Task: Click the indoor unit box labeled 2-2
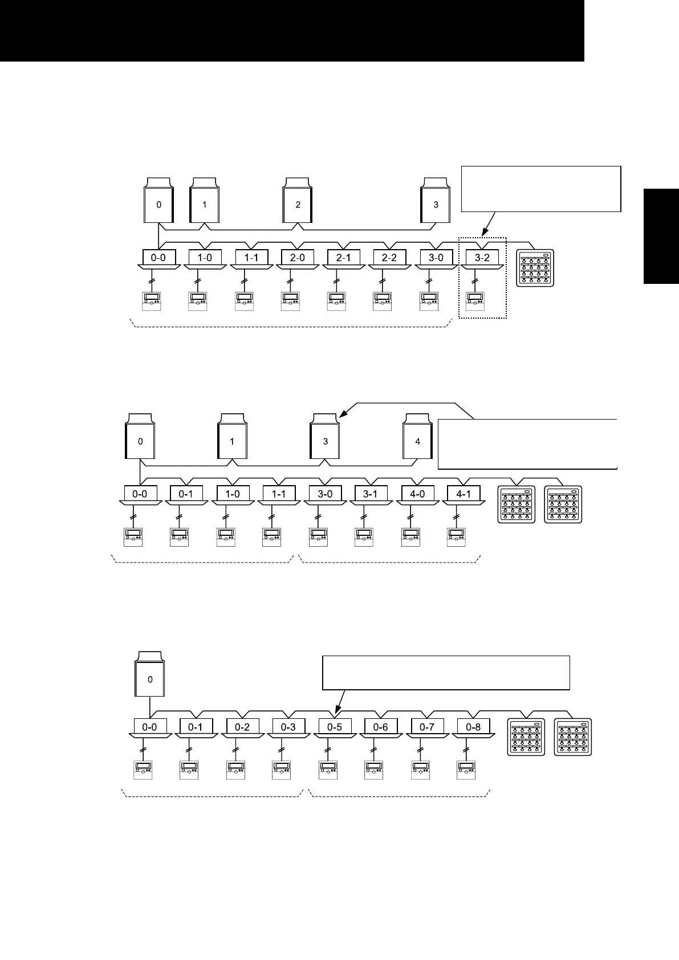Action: point(389,258)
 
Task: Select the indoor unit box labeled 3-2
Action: point(482,258)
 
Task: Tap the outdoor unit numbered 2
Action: point(298,204)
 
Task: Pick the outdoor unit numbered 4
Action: point(417,441)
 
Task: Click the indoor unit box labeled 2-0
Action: point(297,258)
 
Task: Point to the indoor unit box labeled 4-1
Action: point(463,494)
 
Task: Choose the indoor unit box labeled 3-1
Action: point(371,494)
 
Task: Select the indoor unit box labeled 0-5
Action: point(335,727)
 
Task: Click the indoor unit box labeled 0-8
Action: point(473,727)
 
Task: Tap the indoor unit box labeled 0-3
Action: point(288,727)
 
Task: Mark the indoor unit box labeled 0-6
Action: point(381,727)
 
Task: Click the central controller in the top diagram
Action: point(535,268)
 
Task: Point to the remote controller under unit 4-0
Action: point(410,537)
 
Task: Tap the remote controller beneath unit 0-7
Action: point(420,770)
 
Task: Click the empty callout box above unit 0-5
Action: point(446,673)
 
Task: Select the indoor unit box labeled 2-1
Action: point(343,258)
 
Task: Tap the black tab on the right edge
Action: point(661,235)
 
